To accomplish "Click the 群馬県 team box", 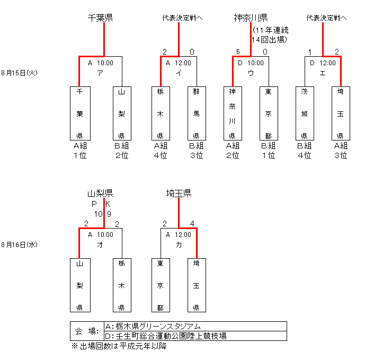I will (x=196, y=112).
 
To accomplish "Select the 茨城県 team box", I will (x=304, y=112).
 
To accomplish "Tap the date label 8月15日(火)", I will (x=19, y=73).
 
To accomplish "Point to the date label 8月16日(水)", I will (x=19, y=244).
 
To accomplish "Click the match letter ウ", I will (x=251, y=73).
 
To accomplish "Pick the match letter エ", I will (x=323, y=73).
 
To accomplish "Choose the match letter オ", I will (x=100, y=245).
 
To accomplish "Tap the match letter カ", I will (x=179, y=245).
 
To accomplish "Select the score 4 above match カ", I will (x=197, y=224).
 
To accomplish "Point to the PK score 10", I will (x=99, y=214).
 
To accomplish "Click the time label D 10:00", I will (x=251, y=63).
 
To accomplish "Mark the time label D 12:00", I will (x=323, y=63).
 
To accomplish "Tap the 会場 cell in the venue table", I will (x=86, y=331).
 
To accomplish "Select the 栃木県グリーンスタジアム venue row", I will (x=154, y=326).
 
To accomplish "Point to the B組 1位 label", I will (x=269, y=151).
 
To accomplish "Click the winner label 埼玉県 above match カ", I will (x=179, y=194).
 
